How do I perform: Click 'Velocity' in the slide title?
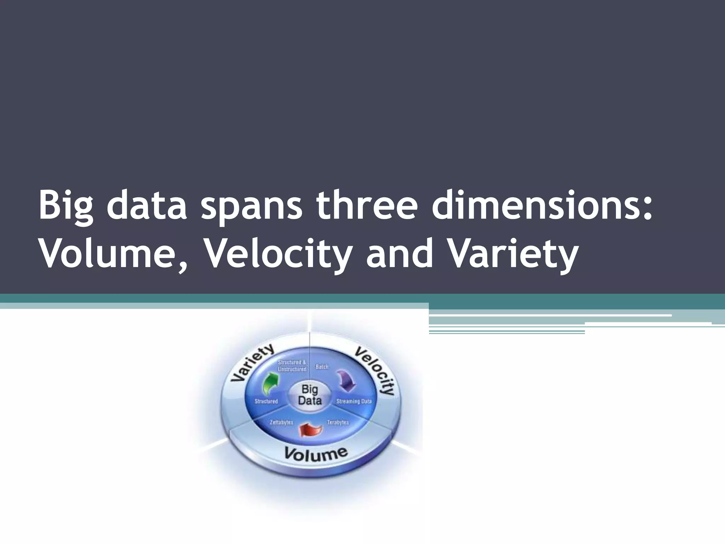(278, 255)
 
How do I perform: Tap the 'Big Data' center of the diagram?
(310, 395)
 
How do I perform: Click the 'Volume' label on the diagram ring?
(316, 454)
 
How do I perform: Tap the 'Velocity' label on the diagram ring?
(376, 370)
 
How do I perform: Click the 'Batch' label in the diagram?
(322, 367)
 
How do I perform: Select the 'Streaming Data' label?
(354, 401)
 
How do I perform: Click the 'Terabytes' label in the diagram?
(338, 422)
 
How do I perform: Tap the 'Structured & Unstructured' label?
(292, 365)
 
